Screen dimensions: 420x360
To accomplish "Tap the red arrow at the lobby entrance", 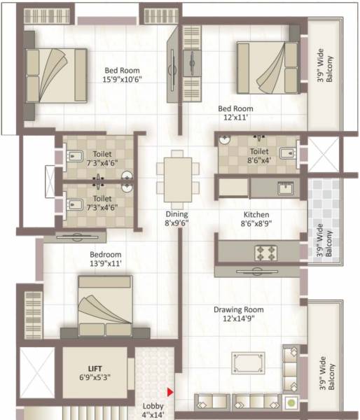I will (169, 393).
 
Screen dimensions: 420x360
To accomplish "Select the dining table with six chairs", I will (173, 176).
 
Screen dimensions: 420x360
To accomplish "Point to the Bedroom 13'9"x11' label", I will (105, 259).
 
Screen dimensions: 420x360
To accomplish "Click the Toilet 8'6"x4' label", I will (259, 156).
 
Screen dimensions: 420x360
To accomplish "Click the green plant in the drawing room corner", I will (290, 403).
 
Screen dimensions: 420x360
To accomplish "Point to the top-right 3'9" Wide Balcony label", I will (326, 69).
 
